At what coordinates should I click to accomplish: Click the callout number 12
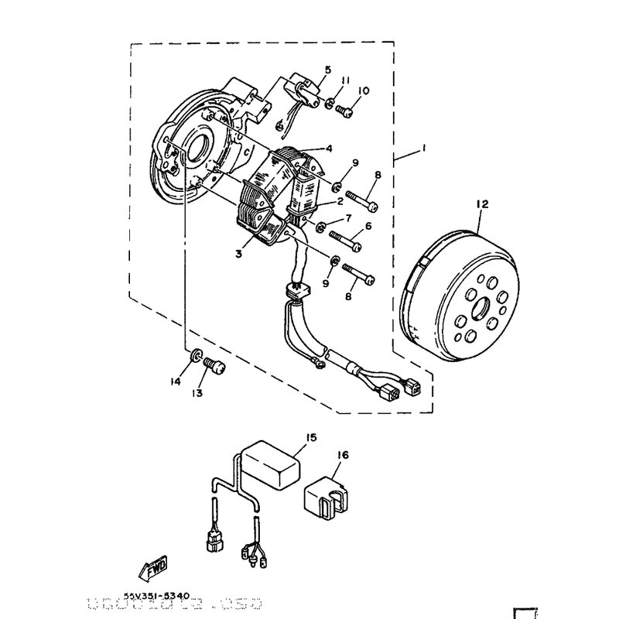482,204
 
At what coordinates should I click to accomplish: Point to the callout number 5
327,70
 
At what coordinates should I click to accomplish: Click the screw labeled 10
346,113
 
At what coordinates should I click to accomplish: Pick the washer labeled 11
330,103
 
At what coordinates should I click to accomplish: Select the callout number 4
328,149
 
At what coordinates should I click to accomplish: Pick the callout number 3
240,253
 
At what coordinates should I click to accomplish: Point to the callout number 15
311,438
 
